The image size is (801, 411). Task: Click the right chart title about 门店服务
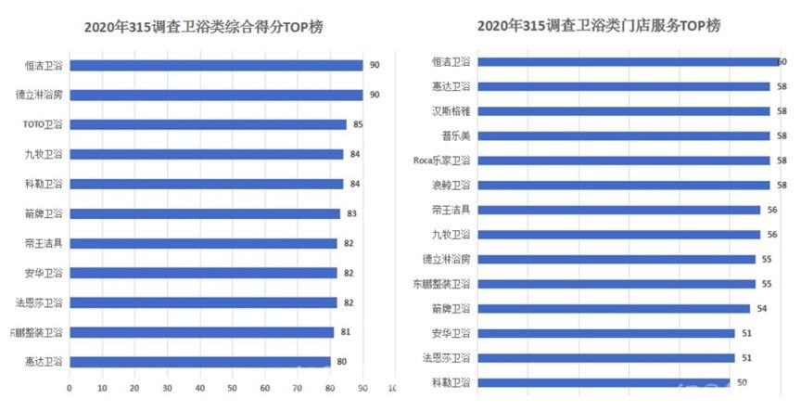pos(598,26)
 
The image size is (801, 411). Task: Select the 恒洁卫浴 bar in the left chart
pos(216,65)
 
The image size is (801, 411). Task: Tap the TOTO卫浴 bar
pos(208,124)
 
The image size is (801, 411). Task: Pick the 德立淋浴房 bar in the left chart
pos(216,95)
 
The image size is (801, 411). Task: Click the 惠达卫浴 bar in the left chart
pos(199,362)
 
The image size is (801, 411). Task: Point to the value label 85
pos(356,124)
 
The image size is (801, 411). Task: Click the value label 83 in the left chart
pos(352,213)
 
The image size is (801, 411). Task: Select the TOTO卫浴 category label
pos(43,124)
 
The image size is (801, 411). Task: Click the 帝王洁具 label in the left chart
pos(44,243)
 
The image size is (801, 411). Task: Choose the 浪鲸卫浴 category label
pos(451,185)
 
